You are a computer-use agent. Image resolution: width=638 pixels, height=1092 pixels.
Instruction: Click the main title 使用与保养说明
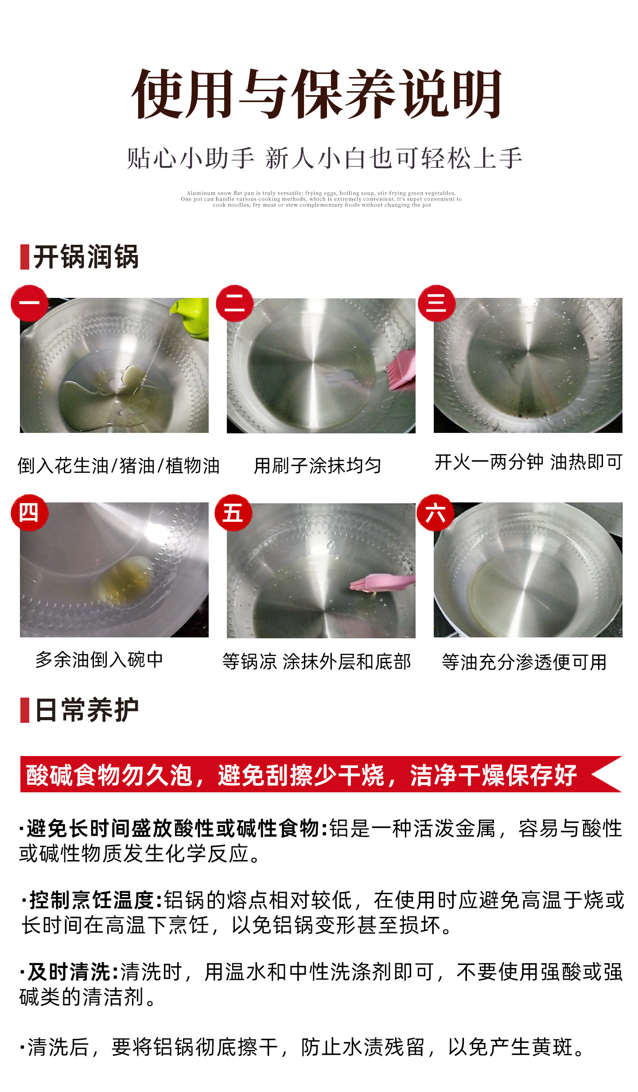(x=317, y=94)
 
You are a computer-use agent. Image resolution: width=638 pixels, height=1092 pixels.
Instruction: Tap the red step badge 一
(x=30, y=303)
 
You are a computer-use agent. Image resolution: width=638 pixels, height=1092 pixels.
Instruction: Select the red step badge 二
(x=234, y=303)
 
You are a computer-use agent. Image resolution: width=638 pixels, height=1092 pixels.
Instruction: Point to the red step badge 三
(x=436, y=303)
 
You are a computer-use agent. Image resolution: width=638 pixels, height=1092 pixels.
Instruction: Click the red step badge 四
(x=30, y=513)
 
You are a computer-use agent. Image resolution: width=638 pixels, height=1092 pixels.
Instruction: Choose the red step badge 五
(x=233, y=513)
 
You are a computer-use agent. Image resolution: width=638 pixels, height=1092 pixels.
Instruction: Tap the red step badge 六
(x=436, y=513)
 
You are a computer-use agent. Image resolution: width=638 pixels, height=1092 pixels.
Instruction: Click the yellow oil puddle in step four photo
(x=126, y=579)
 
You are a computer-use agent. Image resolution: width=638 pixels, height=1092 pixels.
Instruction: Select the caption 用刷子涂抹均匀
(x=317, y=466)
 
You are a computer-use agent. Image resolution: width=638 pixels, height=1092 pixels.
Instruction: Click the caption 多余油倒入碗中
(x=99, y=660)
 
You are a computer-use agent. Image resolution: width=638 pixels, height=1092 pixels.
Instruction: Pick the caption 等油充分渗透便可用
(x=524, y=662)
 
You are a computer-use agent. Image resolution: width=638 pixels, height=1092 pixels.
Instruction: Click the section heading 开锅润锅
(x=86, y=257)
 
